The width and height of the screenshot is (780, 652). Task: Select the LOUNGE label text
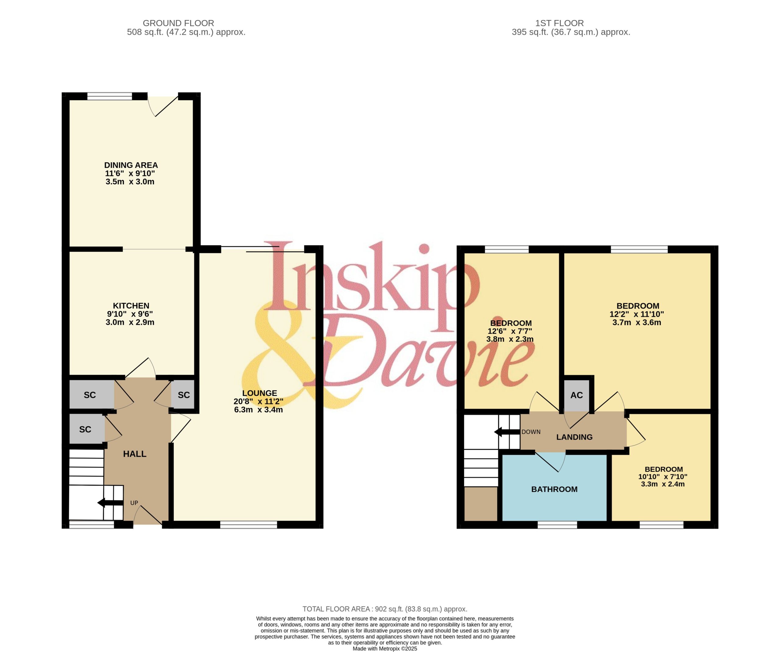pyautogui.click(x=259, y=393)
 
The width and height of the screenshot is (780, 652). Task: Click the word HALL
pyautogui.click(x=134, y=454)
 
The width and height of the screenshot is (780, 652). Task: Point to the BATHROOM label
pyautogui.click(x=554, y=489)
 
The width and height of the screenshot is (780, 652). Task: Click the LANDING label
pyautogui.click(x=574, y=437)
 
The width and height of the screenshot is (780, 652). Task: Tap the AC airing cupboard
pyautogui.click(x=576, y=395)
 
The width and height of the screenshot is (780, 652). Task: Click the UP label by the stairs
pyautogui.click(x=134, y=503)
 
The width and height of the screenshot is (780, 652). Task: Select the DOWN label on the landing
pyautogui.click(x=531, y=432)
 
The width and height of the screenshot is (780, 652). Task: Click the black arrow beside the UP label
pyautogui.click(x=110, y=503)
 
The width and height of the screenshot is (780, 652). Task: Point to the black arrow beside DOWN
pyautogui.click(x=507, y=432)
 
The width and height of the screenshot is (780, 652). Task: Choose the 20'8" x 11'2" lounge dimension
pyautogui.click(x=258, y=402)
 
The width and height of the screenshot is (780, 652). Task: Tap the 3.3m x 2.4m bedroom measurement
pyautogui.click(x=663, y=484)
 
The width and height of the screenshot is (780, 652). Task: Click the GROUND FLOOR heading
pyautogui.click(x=178, y=23)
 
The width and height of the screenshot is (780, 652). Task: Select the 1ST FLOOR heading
pyautogui.click(x=559, y=23)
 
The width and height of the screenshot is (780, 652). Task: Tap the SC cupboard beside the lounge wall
pyautogui.click(x=183, y=395)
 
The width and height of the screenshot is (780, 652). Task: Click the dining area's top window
pyautogui.click(x=110, y=97)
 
